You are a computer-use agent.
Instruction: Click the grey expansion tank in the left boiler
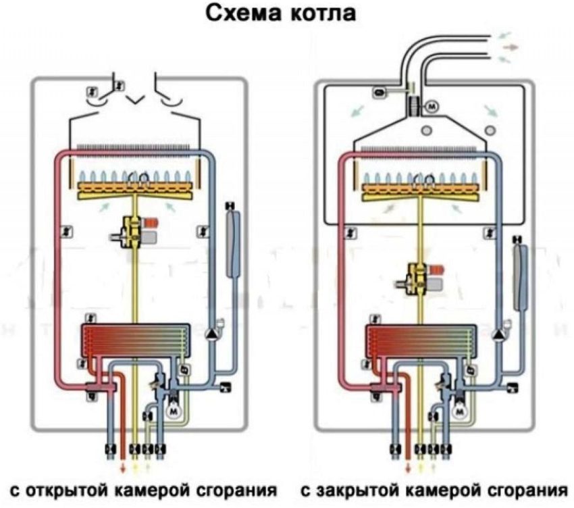coord(232,243)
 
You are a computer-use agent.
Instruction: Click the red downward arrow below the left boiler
coord(122,468)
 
